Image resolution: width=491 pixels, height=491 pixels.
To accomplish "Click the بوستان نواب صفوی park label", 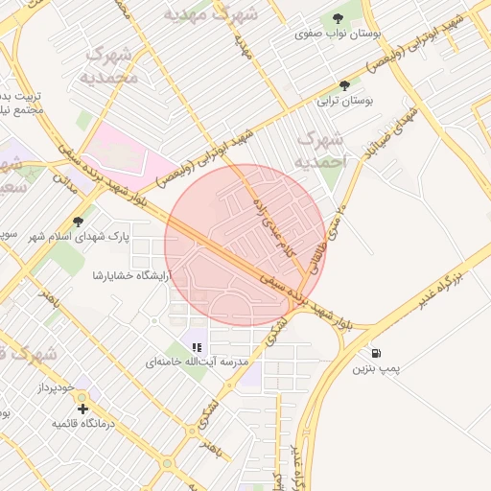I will [339, 34].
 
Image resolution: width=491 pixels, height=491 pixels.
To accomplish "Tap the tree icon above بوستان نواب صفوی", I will [339, 18].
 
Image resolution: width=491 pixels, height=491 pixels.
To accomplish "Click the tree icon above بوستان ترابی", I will [344, 85].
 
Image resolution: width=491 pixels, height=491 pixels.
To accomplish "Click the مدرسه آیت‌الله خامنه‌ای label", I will [197, 362].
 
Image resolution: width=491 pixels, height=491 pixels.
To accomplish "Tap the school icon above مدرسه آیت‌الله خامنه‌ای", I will [197, 347].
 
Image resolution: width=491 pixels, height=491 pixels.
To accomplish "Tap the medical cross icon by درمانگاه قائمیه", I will [82, 409].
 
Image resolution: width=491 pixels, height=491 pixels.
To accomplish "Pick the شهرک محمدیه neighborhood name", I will [109, 65].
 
